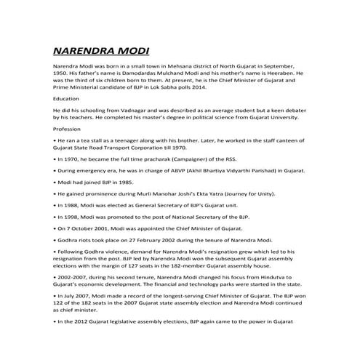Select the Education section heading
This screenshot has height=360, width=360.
(67, 98)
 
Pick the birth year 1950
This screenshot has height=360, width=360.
(62, 73)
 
